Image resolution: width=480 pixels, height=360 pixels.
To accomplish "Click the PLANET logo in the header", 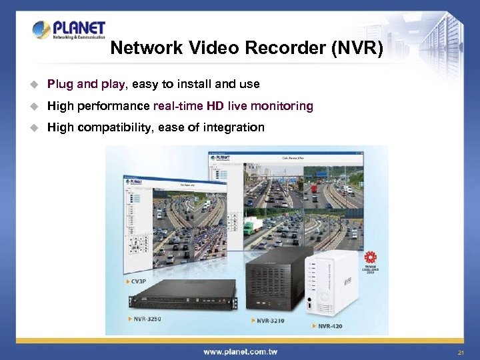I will click(x=69, y=31).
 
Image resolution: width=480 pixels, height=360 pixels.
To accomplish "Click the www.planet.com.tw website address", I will click(x=240, y=351).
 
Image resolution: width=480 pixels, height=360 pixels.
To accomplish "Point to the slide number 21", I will click(x=461, y=352).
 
